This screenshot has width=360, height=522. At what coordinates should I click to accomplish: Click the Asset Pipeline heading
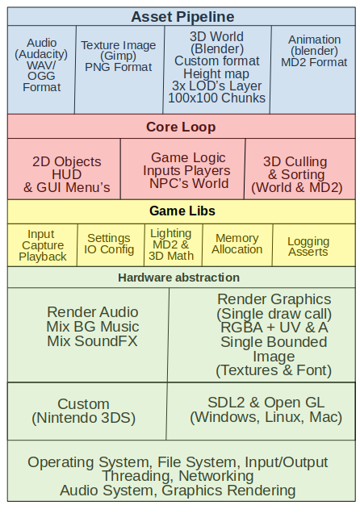pyautogui.click(x=182, y=16)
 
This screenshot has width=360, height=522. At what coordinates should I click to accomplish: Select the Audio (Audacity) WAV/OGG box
pyautogui.click(x=42, y=69)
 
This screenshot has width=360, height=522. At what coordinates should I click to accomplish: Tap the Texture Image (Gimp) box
pyautogui.click(x=119, y=69)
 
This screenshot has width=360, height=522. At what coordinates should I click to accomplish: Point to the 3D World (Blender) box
pyautogui.click(x=217, y=69)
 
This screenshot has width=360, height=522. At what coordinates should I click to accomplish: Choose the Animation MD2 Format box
pyautogui.click(x=312, y=69)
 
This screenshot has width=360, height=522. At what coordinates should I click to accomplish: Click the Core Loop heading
pyautogui.click(x=181, y=127)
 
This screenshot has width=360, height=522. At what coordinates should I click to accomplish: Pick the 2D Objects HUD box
pyautogui.click(x=64, y=169)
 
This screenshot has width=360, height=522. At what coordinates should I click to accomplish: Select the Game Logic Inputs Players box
pyautogui.click(x=183, y=169)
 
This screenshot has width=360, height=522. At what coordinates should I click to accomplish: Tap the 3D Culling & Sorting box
pyautogui.click(x=300, y=169)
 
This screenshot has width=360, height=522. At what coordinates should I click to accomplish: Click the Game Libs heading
pyautogui.click(x=182, y=211)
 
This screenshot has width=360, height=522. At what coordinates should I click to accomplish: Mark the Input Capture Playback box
pyautogui.click(x=42, y=245)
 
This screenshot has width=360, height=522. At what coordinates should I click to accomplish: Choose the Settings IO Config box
pyautogui.click(x=111, y=245)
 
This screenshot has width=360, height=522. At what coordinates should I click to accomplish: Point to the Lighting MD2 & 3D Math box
pyautogui.click(x=174, y=245)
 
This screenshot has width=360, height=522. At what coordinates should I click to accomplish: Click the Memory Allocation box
pyautogui.click(x=237, y=245)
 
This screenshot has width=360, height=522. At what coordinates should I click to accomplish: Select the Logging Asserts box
pyautogui.click(x=314, y=245)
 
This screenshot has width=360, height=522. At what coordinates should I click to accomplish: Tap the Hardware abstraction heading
pyautogui.click(x=179, y=278)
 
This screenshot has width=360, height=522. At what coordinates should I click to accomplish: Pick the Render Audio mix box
pyautogui.click(x=88, y=335)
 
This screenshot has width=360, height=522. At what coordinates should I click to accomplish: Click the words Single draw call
pyautogui.click(x=274, y=314)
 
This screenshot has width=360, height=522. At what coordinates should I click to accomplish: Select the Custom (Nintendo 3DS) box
pyautogui.click(x=87, y=411)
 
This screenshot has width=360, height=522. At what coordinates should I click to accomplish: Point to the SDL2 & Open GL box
pyautogui.click(x=261, y=411)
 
